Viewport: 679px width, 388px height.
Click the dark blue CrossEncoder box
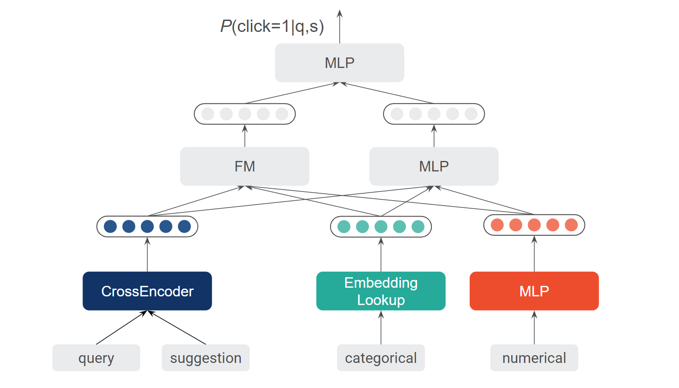pos(147,291)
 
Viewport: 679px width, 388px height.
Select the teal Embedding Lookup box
pos(381,291)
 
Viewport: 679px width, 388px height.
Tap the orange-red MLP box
pos(534,291)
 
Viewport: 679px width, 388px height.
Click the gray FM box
pos(244,166)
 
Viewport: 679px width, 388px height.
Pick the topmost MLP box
pos(339,63)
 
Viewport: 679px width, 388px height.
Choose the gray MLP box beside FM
pos(434,166)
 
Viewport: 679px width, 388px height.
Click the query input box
pos(96,358)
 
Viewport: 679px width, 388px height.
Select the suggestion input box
pos(206,358)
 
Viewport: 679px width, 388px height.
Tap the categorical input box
pos(381,358)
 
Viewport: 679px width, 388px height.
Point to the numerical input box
pos(534,358)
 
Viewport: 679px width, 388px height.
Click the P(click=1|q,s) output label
pos(272,27)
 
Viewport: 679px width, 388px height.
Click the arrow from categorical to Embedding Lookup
pos(381,328)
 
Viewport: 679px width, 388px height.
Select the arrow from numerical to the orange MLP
pos(534,328)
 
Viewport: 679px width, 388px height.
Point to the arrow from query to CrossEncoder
pos(122,328)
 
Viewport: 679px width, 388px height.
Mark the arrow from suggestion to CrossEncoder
pos(176,328)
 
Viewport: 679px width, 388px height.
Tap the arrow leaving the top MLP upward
pos(340,27)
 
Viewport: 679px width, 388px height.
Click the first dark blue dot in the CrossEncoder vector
pos(110,227)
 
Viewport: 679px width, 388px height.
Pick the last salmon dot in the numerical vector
pos(571,225)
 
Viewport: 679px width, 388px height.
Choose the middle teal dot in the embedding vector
pos(381,227)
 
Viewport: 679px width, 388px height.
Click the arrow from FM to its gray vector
pos(245,136)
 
